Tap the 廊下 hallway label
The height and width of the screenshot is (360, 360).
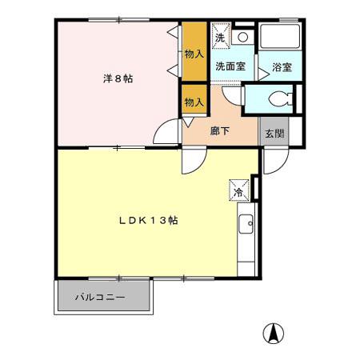point(220,132)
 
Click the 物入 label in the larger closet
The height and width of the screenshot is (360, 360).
point(194,54)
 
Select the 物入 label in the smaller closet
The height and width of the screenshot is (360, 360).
point(194,102)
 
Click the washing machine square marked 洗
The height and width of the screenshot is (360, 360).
point(220,36)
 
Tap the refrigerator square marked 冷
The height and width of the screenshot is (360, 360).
point(238,191)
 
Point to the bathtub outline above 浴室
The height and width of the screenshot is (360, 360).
point(280,38)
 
